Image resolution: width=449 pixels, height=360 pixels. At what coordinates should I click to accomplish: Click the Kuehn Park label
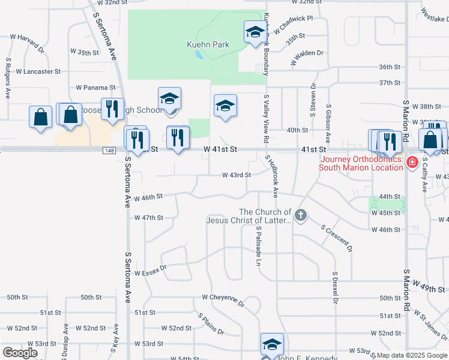pos(207,44)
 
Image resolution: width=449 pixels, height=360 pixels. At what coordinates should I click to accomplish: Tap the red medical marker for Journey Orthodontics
pos(412,161)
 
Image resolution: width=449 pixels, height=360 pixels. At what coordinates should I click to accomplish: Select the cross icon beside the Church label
pos(301,215)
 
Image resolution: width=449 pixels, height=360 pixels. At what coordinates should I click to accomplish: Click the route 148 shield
pos(109,150)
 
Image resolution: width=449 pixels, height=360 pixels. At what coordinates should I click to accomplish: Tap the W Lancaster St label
pos(38,71)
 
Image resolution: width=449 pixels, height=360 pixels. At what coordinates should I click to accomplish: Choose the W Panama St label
pos(95,88)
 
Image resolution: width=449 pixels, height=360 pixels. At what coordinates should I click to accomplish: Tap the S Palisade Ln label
pos(259,246)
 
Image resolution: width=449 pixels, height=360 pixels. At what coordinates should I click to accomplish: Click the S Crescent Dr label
pos(337,238)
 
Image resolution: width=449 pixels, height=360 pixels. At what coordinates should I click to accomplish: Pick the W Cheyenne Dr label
pos(223,299)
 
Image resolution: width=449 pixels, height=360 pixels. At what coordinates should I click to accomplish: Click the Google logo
pos(20,353)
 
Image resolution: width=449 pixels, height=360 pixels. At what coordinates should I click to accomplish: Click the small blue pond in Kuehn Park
pos(198,55)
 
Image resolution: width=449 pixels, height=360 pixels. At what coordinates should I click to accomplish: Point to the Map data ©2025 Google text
pos(412,355)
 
